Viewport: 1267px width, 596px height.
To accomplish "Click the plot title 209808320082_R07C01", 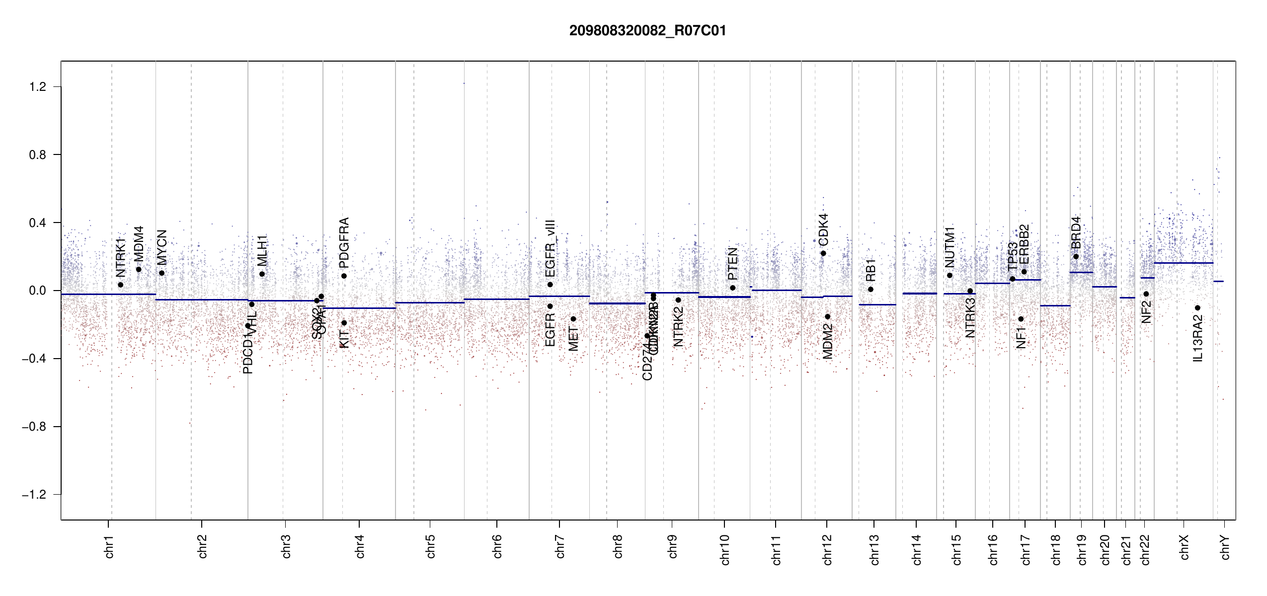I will pos(647,31).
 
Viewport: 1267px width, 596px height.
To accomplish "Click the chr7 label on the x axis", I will pos(560,546).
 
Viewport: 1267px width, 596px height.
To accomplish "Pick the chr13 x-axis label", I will pos(874,549).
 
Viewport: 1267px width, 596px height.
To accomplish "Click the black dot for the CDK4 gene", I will pos(823,253).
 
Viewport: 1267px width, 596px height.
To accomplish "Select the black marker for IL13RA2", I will pos(1197,308).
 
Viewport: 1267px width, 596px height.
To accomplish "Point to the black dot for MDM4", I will pos(139,270).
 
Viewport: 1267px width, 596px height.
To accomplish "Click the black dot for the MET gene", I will pos(573,319).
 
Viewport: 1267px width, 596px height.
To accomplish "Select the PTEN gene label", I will pos(732,264).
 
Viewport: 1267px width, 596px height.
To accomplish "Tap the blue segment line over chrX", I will pos(1183,263).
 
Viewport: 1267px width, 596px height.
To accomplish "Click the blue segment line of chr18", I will pos(1055,306).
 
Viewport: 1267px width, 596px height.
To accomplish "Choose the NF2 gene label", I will pos(1146,312).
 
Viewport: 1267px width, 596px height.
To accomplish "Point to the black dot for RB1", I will pos(871,290).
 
